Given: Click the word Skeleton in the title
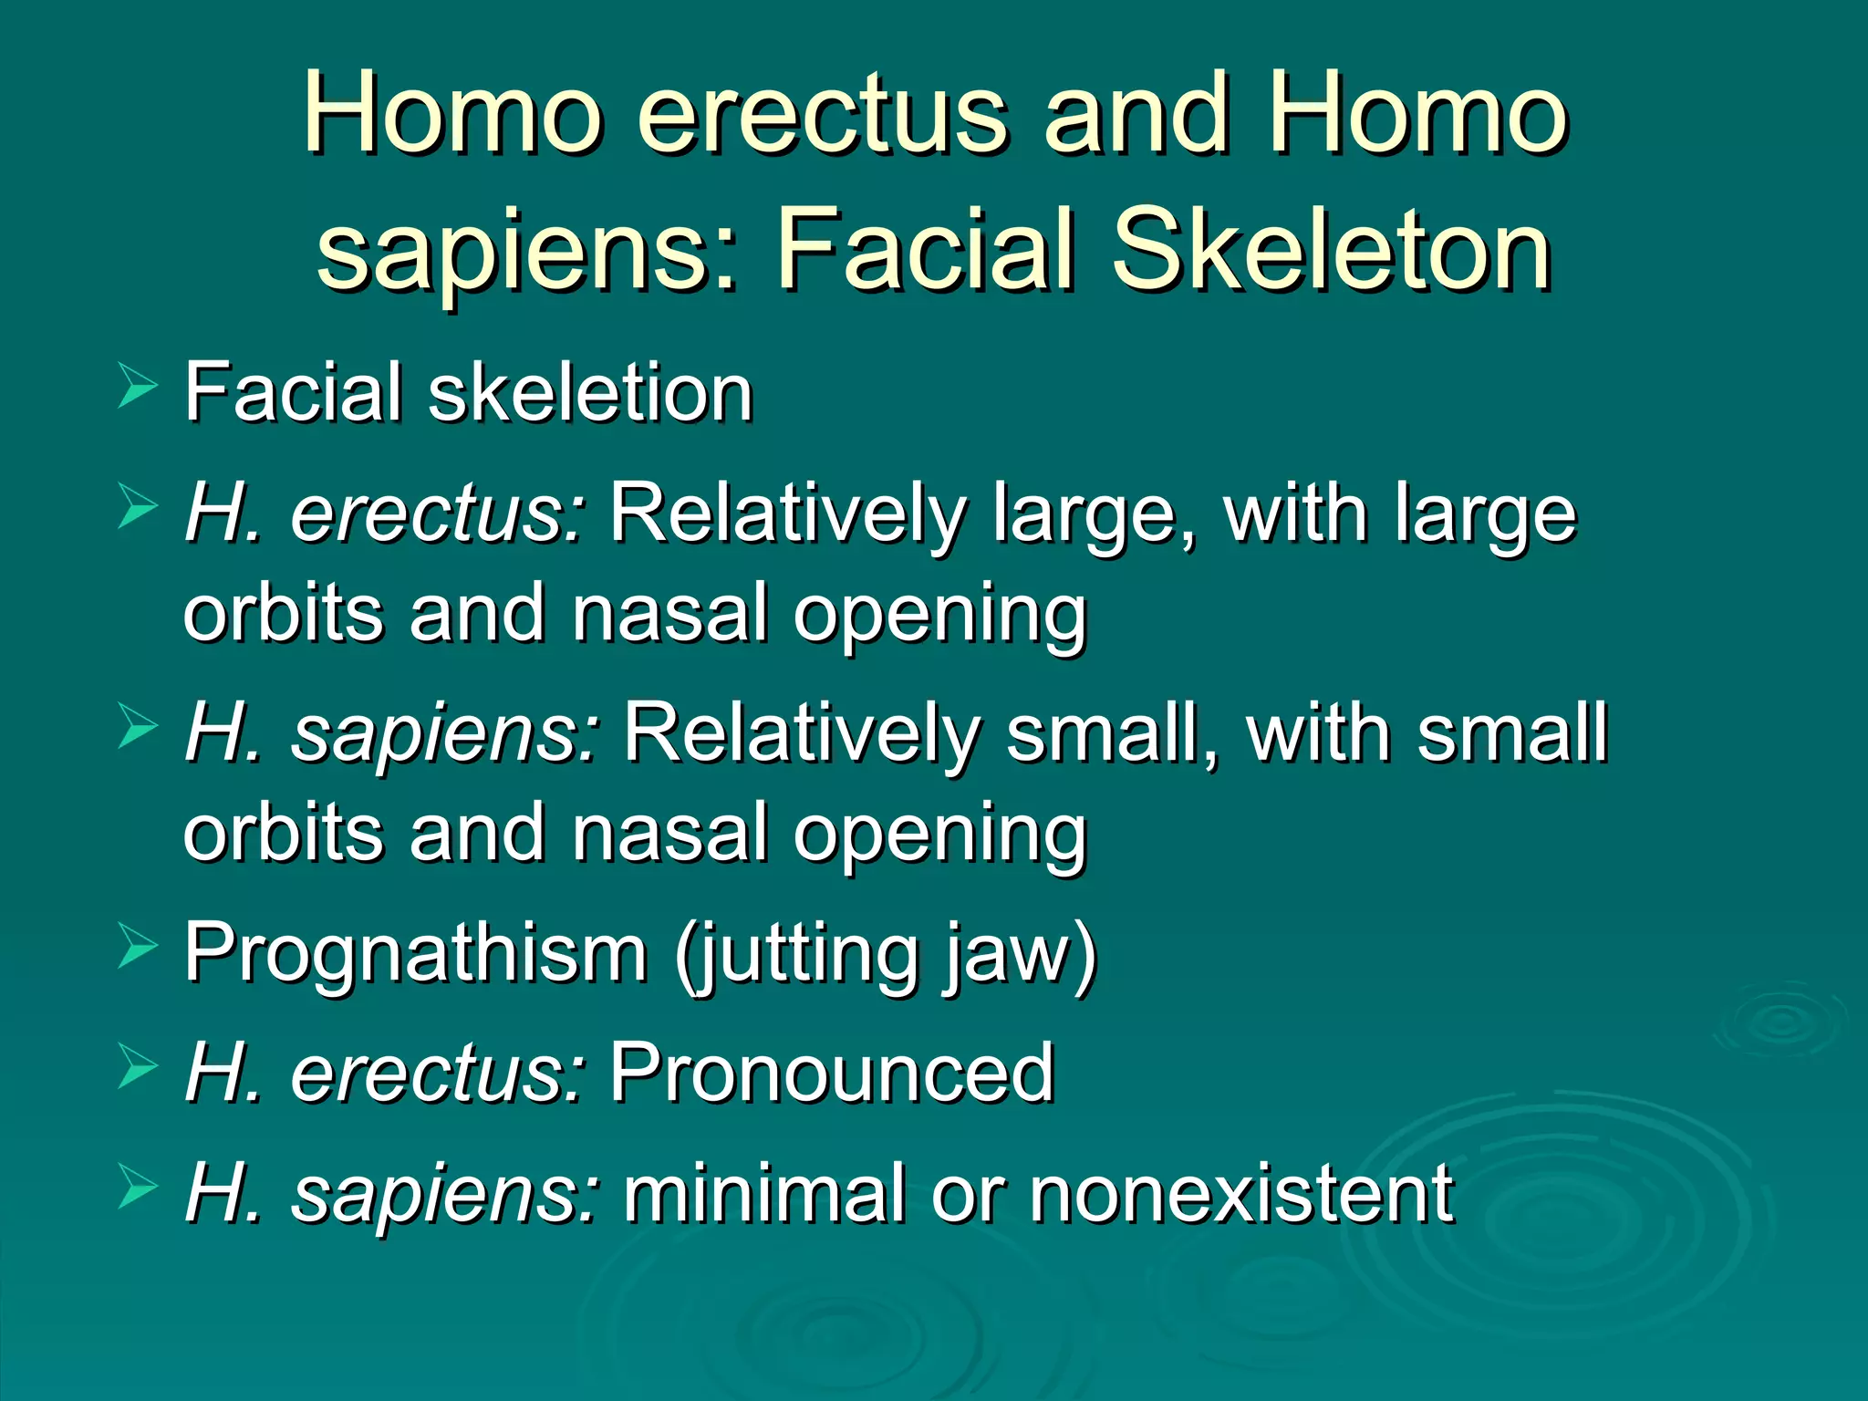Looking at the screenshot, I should (x=1331, y=248).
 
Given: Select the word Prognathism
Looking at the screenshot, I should (x=416, y=953).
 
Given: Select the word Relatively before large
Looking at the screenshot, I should (x=785, y=513).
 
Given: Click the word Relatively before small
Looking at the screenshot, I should (x=800, y=733).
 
